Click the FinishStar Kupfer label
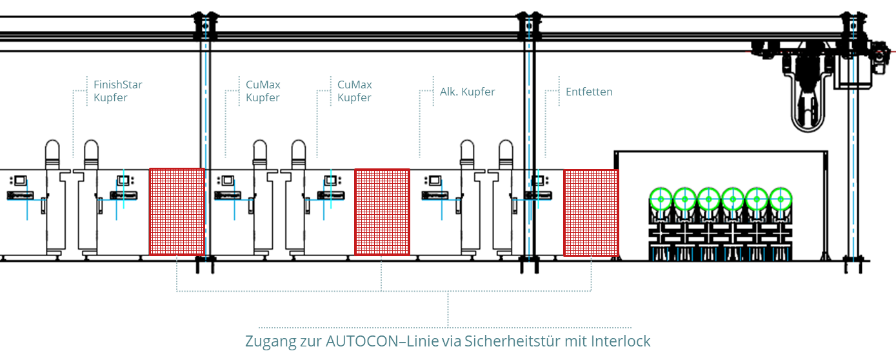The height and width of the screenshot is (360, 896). (118, 91)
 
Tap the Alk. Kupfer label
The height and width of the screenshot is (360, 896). (467, 92)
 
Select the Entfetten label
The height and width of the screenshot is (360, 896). (589, 92)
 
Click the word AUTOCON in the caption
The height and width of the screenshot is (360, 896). (363, 341)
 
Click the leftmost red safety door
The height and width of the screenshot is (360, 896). (177, 212)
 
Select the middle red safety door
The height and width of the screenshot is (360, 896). (382, 212)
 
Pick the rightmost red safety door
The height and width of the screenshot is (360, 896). (591, 213)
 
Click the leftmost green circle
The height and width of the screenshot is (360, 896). (661, 199)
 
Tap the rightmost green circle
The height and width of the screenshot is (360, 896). (781, 199)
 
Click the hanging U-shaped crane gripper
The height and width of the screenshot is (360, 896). (808, 100)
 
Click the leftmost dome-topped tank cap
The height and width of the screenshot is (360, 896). (52, 154)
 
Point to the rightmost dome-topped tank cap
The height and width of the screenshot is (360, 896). (506, 154)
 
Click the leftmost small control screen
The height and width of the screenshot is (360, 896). (20, 181)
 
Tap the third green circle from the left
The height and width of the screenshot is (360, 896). (709, 199)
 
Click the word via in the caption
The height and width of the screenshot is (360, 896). (452, 341)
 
